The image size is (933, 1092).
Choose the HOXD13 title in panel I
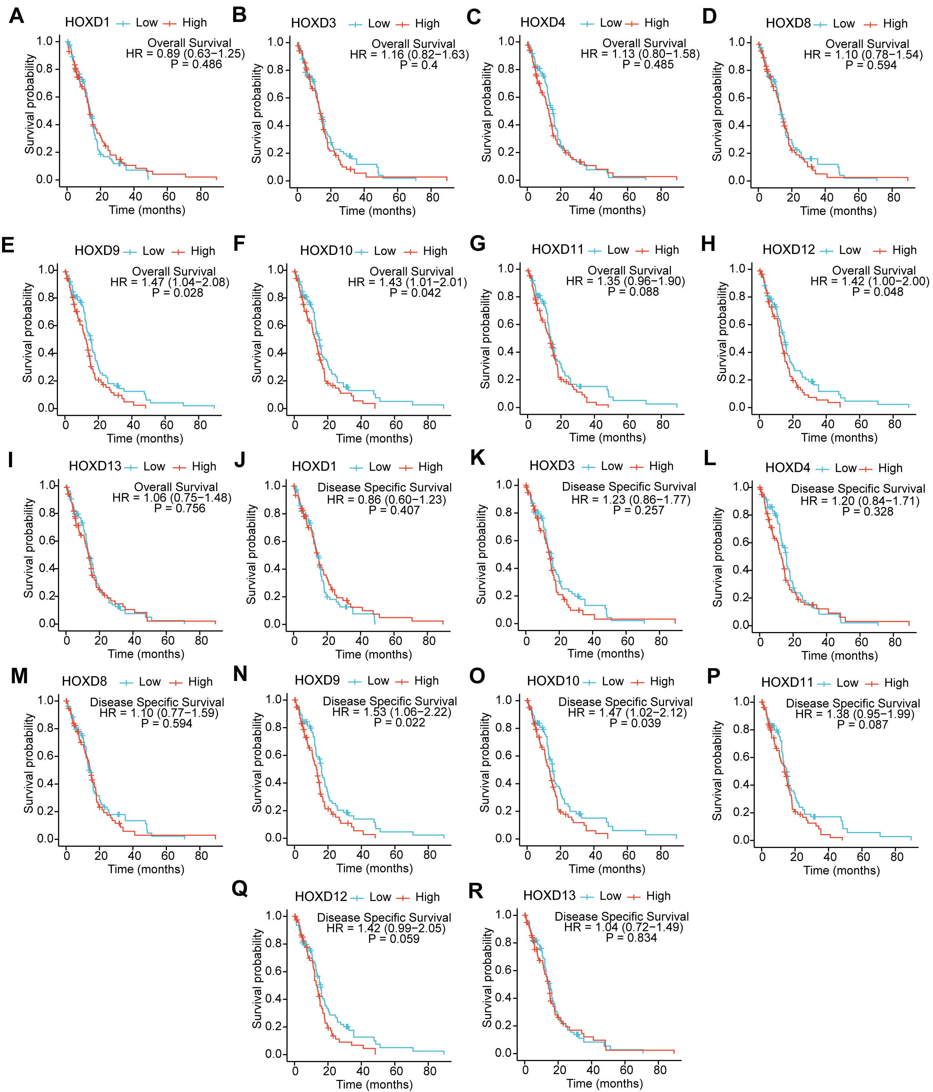[95, 467]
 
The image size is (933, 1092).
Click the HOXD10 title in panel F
[326, 251]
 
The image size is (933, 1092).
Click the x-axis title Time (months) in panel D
[838, 211]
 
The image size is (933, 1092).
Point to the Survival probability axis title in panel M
[29, 764]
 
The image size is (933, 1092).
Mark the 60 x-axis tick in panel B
[399, 198]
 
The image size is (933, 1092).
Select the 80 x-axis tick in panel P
[897, 857]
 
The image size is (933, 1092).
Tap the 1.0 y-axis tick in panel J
[275, 485]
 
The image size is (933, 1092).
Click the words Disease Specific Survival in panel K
[629, 487]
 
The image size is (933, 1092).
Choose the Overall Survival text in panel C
[644, 43]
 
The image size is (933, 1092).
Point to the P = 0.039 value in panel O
[635, 723]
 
